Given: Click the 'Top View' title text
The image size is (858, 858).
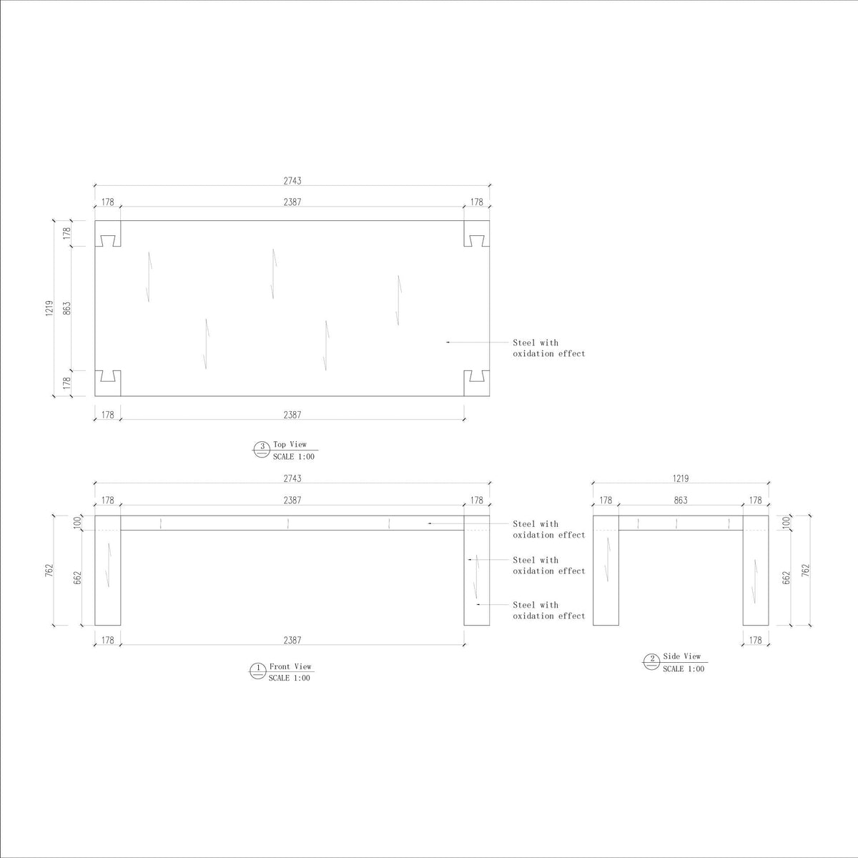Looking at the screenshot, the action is [x=290, y=444].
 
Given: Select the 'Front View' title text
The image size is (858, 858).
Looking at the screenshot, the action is [x=290, y=666].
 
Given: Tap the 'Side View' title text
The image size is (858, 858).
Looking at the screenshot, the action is [x=681, y=656].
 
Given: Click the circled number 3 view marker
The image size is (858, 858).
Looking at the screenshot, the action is [x=262, y=449].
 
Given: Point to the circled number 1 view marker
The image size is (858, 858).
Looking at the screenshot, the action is [x=257, y=671].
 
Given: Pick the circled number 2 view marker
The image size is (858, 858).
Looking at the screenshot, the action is [x=651, y=661].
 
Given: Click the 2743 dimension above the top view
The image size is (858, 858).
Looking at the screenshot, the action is [x=292, y=180].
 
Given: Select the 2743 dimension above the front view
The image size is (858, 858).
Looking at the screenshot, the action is [x=292, y=478].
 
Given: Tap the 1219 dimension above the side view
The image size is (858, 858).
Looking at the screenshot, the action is [x=681, y=478].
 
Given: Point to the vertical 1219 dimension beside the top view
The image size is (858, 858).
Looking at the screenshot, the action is [x=49, y=308].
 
